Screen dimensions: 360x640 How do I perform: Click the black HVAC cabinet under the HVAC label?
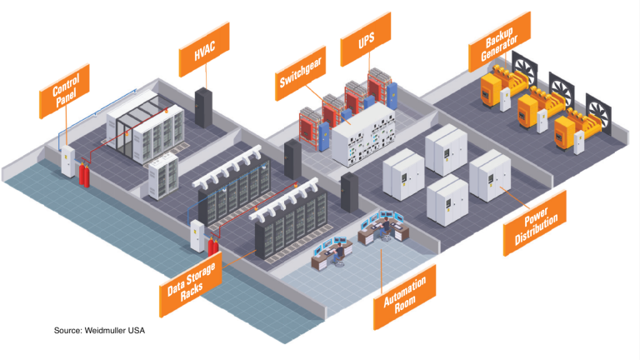(203, 106)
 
